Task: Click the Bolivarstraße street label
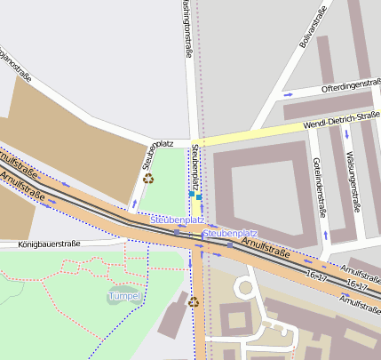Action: pyautogui.click(x=314, y=27)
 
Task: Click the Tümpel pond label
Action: pyautogui.click(x=124, y=295)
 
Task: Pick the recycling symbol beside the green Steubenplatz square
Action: pyautogui.click(x=148, y=178)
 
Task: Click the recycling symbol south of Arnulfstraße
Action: pyautogui.click(x=194, y=301)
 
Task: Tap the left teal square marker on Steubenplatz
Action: pyautogui.click(x=191, y=194)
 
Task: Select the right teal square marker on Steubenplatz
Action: pyautogui.click(x=200, y=196)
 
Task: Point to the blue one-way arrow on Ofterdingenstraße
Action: pyautogui.click(x=287, y=93)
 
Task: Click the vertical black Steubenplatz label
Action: pyautogui.click(x=194, y=169)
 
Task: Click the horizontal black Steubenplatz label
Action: pyautogui.click(x=157, y=143)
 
